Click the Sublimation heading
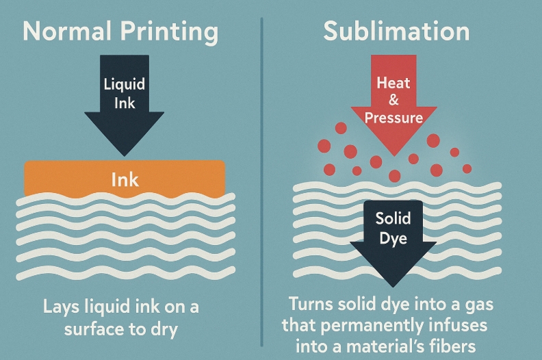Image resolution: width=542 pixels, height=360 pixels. click(x=396, y=32)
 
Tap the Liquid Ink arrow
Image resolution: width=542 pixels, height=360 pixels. click(x=125, y=103)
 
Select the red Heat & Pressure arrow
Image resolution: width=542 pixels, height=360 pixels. click(x=393, y=103)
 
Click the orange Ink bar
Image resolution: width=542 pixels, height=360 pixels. click(x=125, y=179)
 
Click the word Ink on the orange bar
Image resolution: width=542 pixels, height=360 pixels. click(x=125, y=179)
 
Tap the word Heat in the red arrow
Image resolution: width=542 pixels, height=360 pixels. click(x=393, y=83)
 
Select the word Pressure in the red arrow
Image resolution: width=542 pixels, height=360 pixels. click(x=393, y=117)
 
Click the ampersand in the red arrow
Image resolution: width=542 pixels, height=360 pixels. click(x=393, y=101)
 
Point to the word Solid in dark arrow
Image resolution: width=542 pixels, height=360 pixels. click(x=393, y=219)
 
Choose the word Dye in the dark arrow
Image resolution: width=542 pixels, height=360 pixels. click(x=393, y=239)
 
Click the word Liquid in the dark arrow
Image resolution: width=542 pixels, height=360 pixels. click(x=125, y=86)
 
